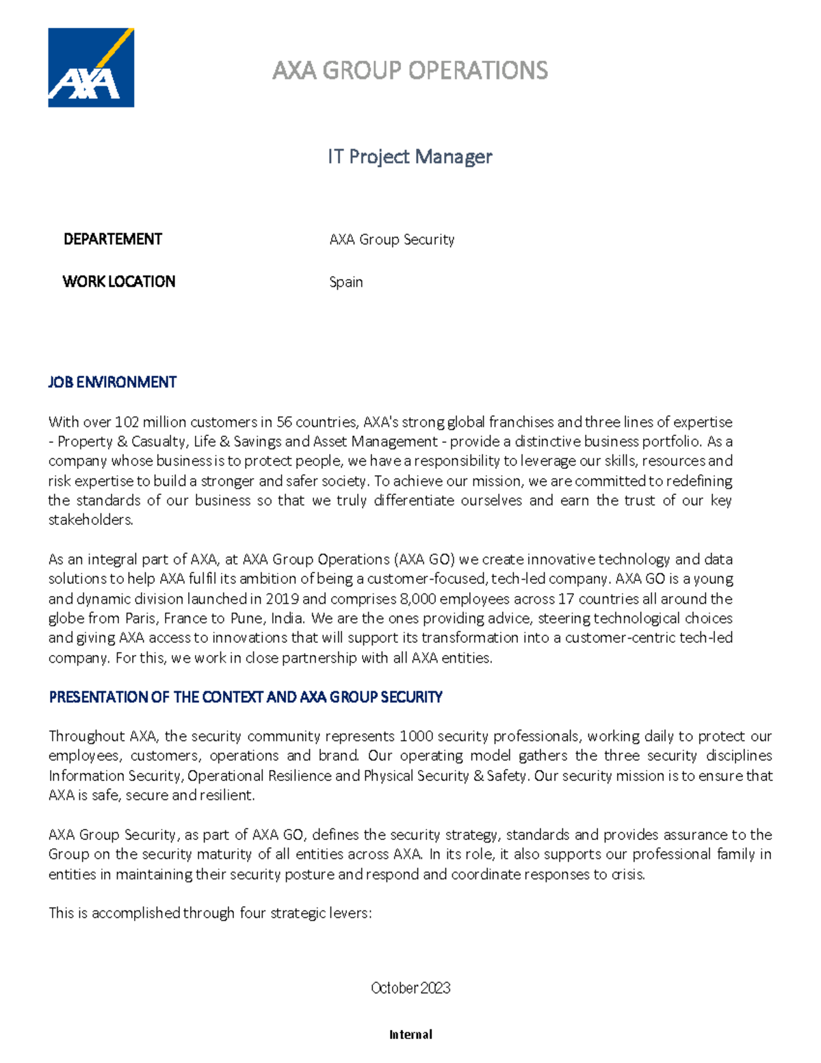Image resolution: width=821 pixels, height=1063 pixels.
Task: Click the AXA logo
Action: coord(91,68)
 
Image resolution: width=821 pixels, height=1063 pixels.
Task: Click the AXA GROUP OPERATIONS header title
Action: coord(410,71)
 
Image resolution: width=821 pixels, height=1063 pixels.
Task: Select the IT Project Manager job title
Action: coord(410,157)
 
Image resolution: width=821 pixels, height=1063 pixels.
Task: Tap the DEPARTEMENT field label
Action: coord(112,239)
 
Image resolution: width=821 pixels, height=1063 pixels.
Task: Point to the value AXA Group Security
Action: coord(391,240)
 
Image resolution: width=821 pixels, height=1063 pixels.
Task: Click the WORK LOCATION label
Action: coord(118,281)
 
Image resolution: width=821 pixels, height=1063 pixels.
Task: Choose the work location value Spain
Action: coord(346,282)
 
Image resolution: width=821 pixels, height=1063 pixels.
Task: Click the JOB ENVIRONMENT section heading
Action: coord(112,382)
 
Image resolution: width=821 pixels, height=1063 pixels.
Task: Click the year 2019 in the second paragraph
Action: coord(282,599)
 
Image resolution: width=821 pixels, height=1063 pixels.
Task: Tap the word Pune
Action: coord(246,618)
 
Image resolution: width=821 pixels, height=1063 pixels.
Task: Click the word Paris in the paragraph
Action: coord(142,618)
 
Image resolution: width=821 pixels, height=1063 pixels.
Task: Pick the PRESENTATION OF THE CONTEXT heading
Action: coord(246,697)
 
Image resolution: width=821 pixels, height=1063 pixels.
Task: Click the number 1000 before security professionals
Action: coord(416,737)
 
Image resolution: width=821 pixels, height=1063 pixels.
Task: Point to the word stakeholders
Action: coord(90,520)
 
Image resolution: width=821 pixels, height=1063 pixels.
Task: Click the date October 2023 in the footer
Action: coord(410,988)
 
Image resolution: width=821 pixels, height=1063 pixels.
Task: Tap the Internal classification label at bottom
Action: coord(410,1034)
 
